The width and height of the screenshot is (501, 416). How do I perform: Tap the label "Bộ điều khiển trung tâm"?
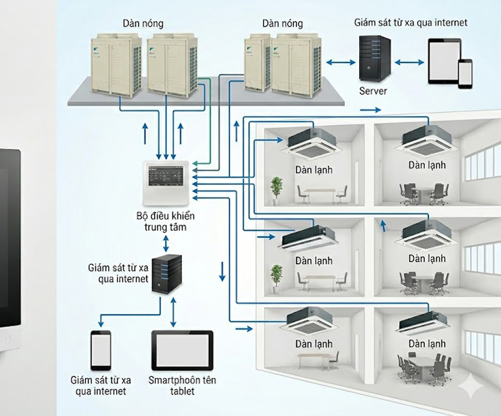pyautogui.click(x=166, y=221)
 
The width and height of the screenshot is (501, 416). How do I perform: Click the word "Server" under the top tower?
pyautogui.click(x=373, y=91)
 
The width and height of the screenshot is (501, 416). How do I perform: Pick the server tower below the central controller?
pyautogui.click(x=166, y=273)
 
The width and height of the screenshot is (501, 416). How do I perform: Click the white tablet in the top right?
pyautogui.click(x=444, y=61)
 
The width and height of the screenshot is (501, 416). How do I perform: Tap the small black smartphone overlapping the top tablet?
pyautogui.click(x=465, y=73)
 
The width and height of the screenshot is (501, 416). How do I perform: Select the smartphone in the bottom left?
pyautogui.click(x=101, y=351)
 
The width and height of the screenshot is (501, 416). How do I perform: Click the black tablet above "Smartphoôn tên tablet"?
pyautogui.click(x=182, y=350)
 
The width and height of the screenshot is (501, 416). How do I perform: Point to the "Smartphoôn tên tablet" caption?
pyautogui.click(x=182, y=386)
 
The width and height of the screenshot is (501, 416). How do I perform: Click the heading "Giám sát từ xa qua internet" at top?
pyautogui.click(x=410, y=23)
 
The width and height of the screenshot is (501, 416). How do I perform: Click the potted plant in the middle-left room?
pyautogui.click(x=276, y=278)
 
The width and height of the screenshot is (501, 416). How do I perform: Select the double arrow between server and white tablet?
pyautogui.click(x=410, y=62)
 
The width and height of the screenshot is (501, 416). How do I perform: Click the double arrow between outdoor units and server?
pyautogui.click(x=341, y=62)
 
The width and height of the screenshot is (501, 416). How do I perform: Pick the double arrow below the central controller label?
pyautogui.click(x=166, y=243)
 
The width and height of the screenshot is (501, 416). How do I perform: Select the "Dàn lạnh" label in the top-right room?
pyautogui.click(x=427, y=165)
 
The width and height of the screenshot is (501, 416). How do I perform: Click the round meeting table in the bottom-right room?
pyautogui.click(x=423, y=362)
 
